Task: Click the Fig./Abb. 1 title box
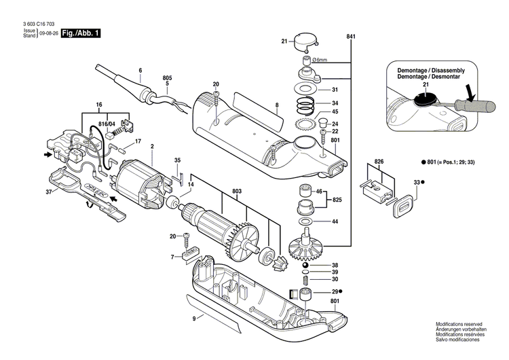click(x=79, y=33)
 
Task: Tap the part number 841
click(x=350, y=35)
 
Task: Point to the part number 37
click(x=30, y=193)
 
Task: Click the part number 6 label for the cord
click(x=140, y=71)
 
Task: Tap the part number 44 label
click(x=335, y=222)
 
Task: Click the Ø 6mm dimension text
click(x=320, y=60)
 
